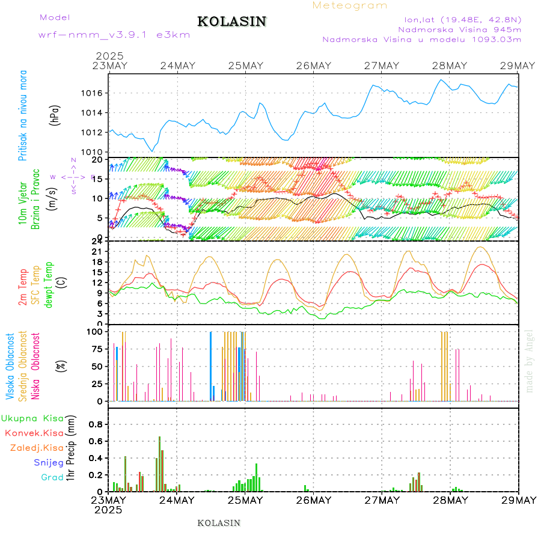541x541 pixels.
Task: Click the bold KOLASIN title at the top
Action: (231, 22)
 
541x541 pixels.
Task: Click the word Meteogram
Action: (350, 5)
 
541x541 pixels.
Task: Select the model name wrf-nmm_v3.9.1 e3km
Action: (114, 34)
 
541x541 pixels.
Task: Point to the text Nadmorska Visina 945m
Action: (459, 29)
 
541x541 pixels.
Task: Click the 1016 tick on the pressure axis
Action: (96, 93)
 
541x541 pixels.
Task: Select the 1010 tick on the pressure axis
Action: (96, 152)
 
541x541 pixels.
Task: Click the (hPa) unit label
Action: (55, 114)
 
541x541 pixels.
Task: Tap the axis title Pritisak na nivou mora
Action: (23, 114)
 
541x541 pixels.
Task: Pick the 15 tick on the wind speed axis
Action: (100, 179)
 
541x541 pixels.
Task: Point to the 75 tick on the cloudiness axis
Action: (96, 349)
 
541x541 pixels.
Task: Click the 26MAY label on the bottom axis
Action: (313, 500)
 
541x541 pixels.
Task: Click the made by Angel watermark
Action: (530, 361)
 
